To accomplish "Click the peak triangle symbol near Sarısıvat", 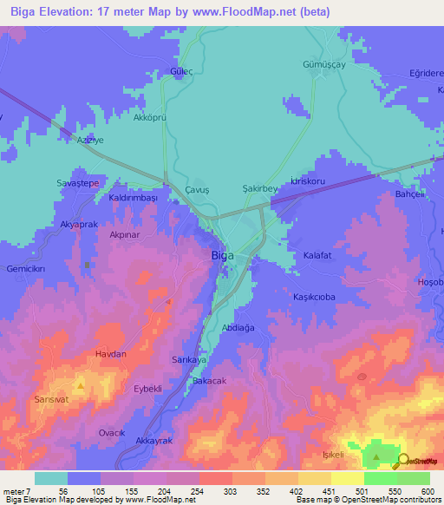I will [x=81, y=384].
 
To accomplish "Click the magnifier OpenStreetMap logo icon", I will [x=402, y=462].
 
